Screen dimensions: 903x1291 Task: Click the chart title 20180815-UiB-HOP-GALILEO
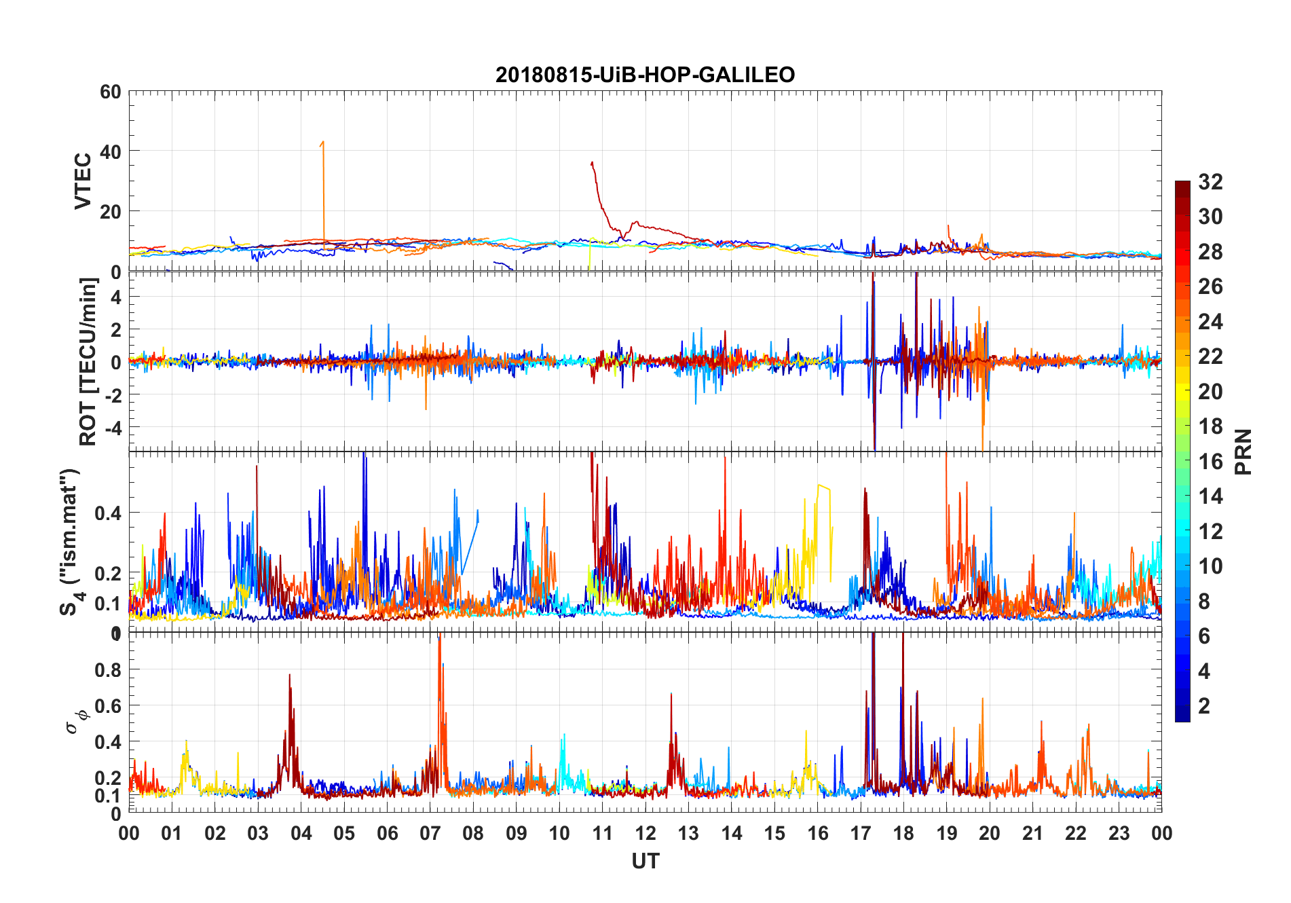coord(645,75)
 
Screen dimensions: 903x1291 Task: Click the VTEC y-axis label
coord(83,181)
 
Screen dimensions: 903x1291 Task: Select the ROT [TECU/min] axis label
coord(88,362)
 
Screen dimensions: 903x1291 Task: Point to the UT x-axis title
coord(645,861)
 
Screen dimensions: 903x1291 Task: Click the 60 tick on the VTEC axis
coord(111,92)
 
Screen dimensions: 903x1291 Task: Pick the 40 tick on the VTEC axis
coord(111,151)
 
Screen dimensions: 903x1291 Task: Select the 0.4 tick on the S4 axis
coord(108,513)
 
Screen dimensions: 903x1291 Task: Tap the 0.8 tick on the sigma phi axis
coord(108,669)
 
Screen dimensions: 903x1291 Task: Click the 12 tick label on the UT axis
coord(645,833)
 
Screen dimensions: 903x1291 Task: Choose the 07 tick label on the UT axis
coord(430,833)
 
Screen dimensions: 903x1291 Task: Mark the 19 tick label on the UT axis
coord(947,833)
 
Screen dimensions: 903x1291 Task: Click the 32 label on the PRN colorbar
coord(1210,182)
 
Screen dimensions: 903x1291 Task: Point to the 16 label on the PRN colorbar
coord(1210,462)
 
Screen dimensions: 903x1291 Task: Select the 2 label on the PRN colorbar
coord(1204,706)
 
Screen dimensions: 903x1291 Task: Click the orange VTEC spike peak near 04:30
coord(323,142)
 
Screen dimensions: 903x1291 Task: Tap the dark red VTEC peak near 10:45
coord(592,162)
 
